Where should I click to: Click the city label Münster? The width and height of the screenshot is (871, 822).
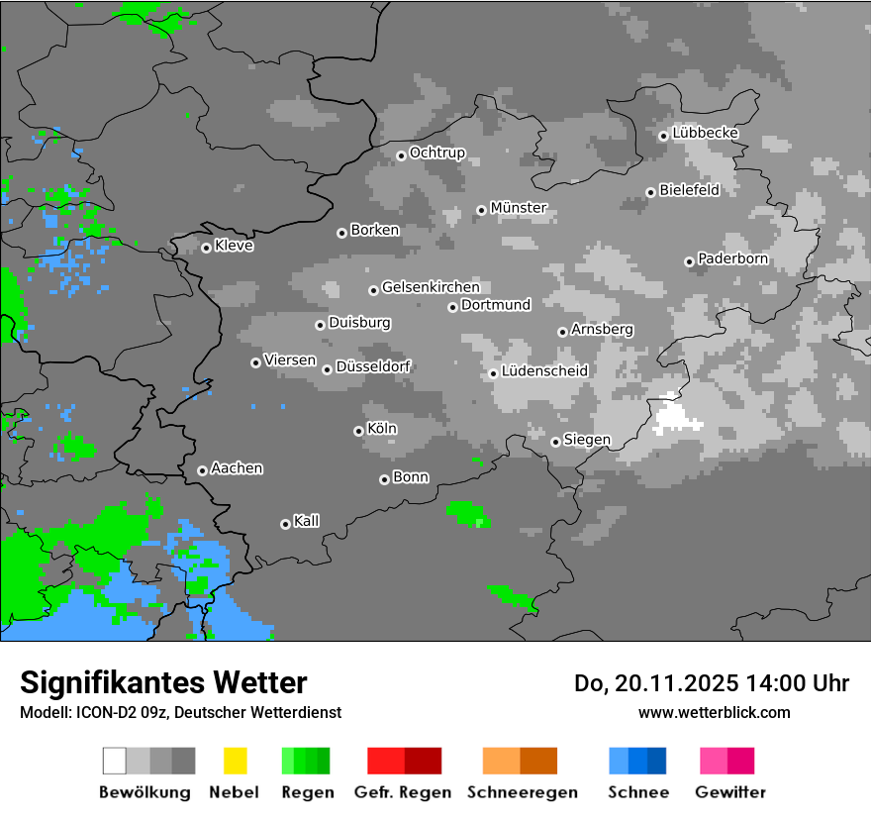519,208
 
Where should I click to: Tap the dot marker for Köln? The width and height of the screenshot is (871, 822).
358,431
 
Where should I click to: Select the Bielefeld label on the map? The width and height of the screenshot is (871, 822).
690,190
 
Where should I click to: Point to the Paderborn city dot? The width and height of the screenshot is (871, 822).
689,261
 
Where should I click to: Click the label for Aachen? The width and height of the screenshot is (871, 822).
237,468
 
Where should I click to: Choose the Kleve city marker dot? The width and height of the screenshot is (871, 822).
206,248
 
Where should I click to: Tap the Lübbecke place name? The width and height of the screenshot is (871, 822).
706,133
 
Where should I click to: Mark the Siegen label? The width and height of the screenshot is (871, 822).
587,440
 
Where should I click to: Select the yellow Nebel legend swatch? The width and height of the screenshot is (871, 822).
235,761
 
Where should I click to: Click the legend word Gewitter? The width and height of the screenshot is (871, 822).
730,792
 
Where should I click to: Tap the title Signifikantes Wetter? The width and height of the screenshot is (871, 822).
163,682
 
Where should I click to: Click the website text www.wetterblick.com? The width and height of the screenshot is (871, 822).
714,712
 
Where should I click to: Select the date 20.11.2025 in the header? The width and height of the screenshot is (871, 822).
671,683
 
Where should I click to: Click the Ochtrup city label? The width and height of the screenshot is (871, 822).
437,153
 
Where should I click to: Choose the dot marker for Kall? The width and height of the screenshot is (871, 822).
285,524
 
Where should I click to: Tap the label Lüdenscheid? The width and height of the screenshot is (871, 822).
544,371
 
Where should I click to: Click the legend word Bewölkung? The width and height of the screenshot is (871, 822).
145,792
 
